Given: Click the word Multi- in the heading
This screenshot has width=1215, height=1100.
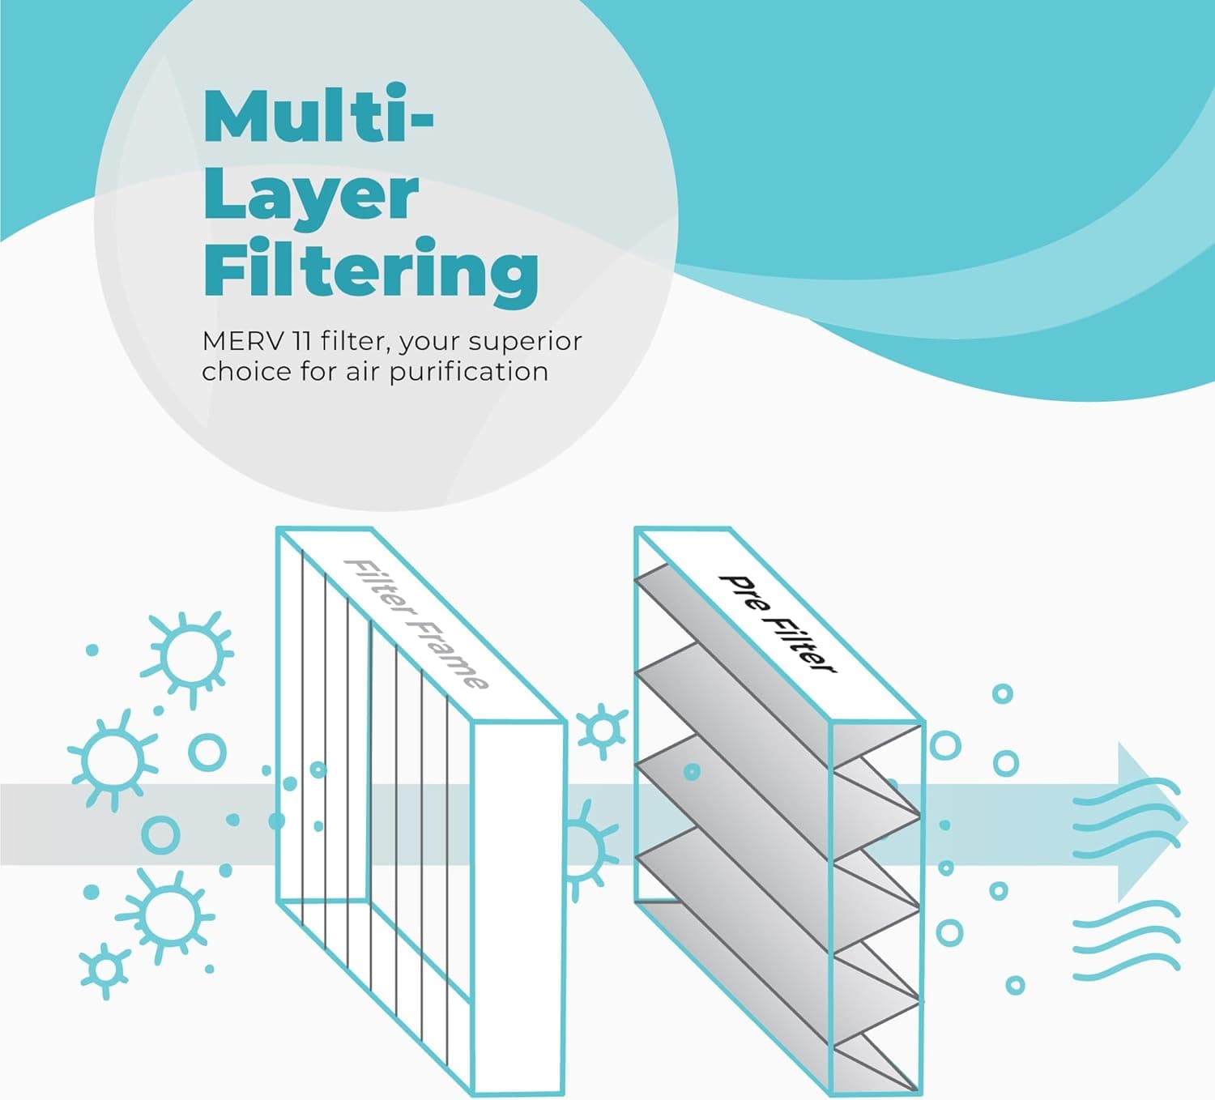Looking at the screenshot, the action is tap(318, 113).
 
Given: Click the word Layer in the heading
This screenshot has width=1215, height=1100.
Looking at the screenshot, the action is tap(311, 198).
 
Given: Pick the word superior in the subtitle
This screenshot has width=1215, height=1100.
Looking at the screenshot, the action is tap(525, 343).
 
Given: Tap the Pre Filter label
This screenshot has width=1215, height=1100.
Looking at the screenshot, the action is tap(778, 624).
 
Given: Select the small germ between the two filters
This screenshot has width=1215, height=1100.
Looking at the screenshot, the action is tap(602, 731).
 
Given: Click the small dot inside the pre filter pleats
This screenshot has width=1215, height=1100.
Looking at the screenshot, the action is tap(692, 772).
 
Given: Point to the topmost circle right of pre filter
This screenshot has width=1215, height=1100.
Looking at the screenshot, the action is tap(1003, 693).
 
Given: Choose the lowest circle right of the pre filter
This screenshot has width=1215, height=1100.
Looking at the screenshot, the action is tap(1015, 985).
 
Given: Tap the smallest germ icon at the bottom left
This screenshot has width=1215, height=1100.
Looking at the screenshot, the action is tap(105, 970).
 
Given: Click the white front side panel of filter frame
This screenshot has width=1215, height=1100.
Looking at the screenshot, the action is tap(518, 906).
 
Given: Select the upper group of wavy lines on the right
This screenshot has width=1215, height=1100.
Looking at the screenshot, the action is tap(1127, 819).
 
